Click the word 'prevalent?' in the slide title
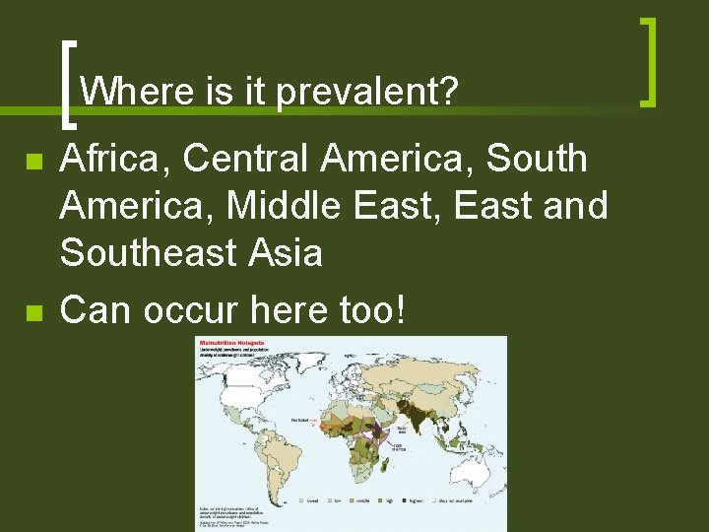(x=367, y=93)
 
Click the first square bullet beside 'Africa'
(x=33, y=161)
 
